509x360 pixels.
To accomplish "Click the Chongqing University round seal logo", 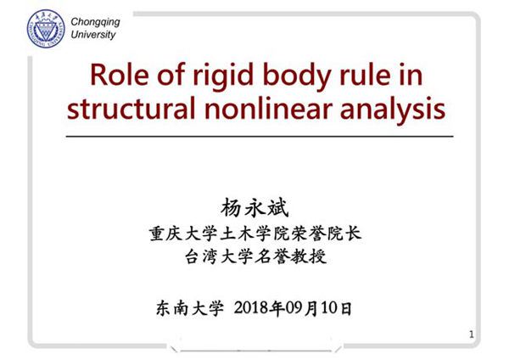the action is [x=46, y=29].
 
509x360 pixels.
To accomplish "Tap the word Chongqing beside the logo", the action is [x=95, y=22].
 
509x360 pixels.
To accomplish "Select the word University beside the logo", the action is [x=93, y=35].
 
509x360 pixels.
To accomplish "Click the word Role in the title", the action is [x=120, y=75].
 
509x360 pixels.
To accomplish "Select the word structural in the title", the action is [x=131, y=109].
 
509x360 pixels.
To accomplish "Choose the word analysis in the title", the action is [x=393, y=109].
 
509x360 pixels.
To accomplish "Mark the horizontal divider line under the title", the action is [x=260, y=137].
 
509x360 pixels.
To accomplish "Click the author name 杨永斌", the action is [x=255, y=208].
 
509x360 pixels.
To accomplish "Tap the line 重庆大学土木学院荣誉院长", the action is [x=255, y=233].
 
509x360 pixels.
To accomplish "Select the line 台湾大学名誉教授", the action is [x=255, y=256].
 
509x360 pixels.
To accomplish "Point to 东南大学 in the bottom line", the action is [x=190, y=307].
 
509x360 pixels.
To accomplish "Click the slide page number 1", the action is [x=472, y=334].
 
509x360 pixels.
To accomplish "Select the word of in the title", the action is [x=171, y=75].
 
